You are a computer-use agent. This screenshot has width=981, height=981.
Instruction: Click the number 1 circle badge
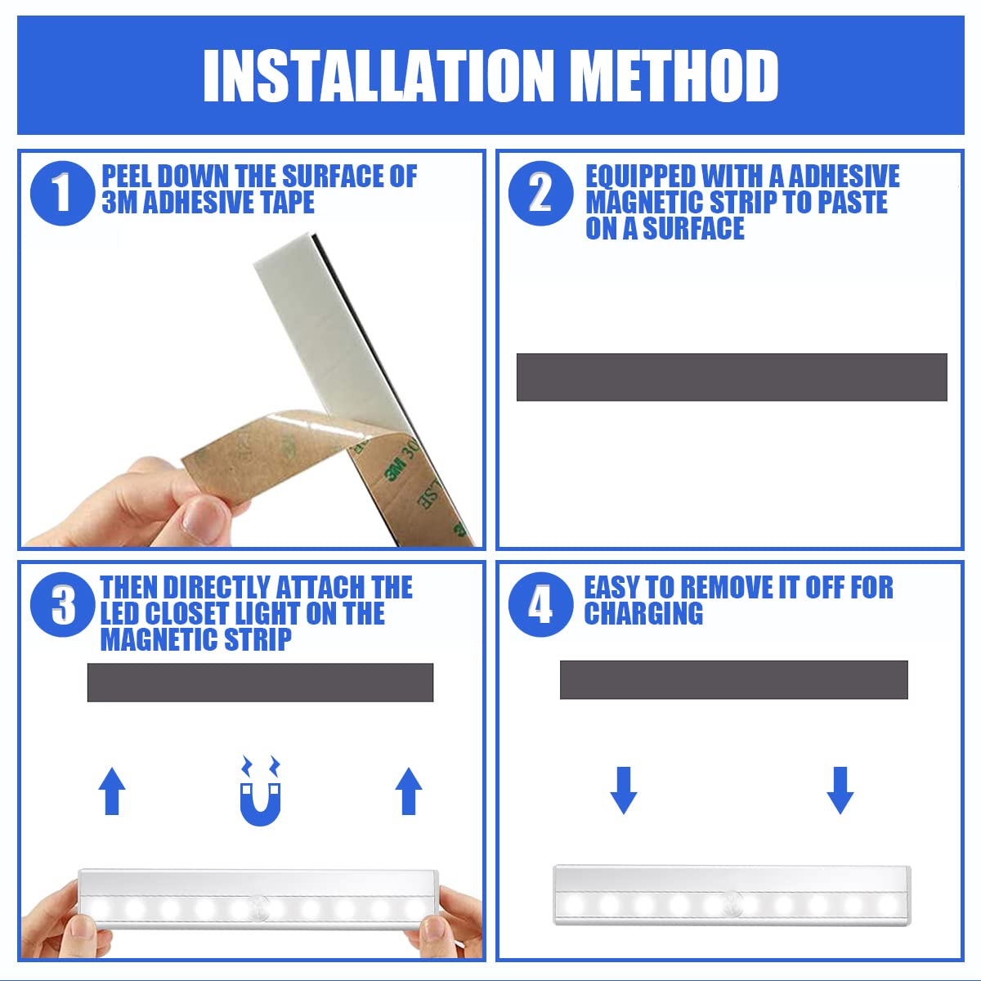pyautogui.click(x=62, y=193)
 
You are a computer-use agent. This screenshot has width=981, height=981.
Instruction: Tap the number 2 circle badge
pyautogui.click(x=540, y=193)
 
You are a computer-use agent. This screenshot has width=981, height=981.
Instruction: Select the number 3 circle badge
pyautogui.click(x=62, y=606)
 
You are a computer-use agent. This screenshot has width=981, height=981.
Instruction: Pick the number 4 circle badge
pyautogui.click(x=540, y=606)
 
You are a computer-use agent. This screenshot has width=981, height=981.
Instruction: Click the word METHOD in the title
pyautogui.click(x=673, y=76)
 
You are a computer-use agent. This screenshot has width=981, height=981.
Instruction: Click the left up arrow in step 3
pyautogui.click(x=112, y=791)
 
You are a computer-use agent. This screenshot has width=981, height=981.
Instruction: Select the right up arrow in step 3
pyautogui.click(x=409, y=791)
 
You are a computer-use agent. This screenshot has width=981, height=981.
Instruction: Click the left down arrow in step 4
pyautogui.click(x=624, y=790)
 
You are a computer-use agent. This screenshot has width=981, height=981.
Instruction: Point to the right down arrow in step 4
pyautogui.click(x=840, y=790)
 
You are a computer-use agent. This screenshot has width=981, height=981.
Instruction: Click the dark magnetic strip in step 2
pyautogui.click(x=732, y=377)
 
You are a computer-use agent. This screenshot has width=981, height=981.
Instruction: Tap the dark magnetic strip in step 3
pyautogui.click(x=260, y=682)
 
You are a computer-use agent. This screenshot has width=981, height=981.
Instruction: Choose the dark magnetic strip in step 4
pyautogui.click(x=733, y=679)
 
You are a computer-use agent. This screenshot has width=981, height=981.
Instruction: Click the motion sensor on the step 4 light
pyautogui.click(x=732, y=903)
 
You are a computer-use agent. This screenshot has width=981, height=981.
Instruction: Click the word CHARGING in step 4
pyautogui.click(x=643, y=613)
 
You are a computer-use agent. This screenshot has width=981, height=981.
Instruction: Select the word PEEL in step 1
pyautogui.click(x=126, y=177)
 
